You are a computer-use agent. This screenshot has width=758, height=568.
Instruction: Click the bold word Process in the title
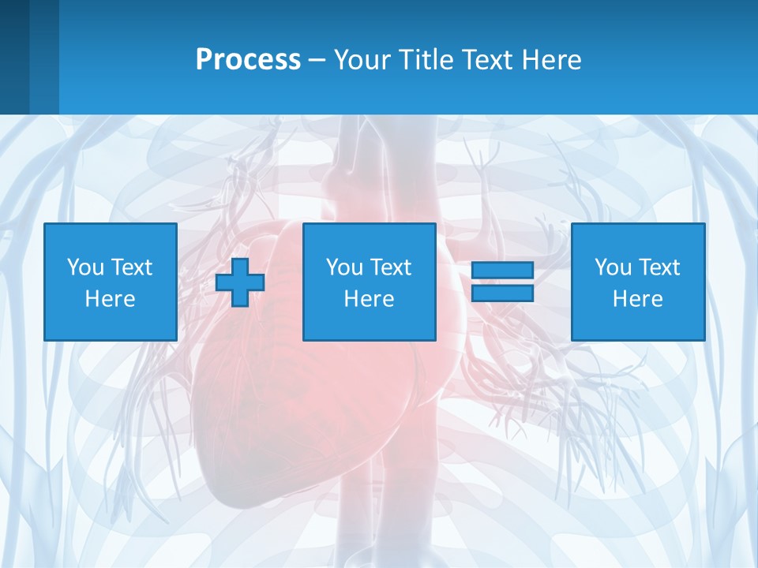pos(248,60)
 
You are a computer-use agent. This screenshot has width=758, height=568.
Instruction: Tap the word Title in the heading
pos(426,60)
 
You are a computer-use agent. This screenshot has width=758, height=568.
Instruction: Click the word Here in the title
pos(551,60)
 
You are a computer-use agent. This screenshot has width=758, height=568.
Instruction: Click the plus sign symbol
pos(240,282)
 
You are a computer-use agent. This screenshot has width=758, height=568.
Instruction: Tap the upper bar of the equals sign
pos(502,270)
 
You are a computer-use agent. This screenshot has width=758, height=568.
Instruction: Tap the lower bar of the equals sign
pos(502,293)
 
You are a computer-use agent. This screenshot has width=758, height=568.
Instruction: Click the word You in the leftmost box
pos(84,267)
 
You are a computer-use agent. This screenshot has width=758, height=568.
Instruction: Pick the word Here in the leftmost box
pos(111,299)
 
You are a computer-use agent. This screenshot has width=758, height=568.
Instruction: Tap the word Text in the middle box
pos(391,267)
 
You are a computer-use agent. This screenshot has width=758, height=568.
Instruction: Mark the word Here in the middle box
pos(370,299)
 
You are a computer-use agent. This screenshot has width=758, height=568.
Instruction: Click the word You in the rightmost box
pos(612,267)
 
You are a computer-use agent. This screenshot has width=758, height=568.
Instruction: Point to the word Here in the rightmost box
pos(638,299)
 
